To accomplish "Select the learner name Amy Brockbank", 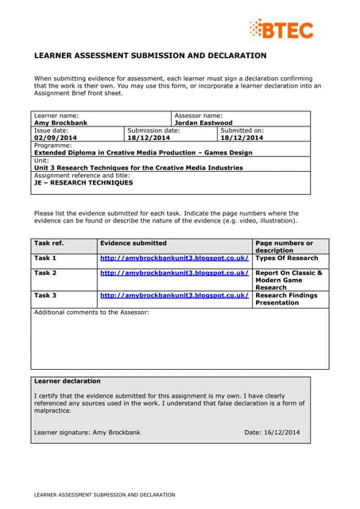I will (x=59, y=123).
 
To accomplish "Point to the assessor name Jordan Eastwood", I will (x=203, y=123).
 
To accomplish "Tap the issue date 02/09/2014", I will (x=52, y=138).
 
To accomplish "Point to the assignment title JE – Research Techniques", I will (x=72, y=182).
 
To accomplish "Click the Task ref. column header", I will (x=48, y=243).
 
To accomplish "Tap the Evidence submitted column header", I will (x=133, y=243).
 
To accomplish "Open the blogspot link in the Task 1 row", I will (x=174, y=258).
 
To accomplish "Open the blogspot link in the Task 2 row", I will (x=174, y=273).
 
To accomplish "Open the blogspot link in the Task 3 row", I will (x=174, y=295).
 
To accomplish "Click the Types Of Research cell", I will (x=286, y=258).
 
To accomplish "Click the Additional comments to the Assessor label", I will (x=91, y=312).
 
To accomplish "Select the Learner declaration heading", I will (x=68, y=381).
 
